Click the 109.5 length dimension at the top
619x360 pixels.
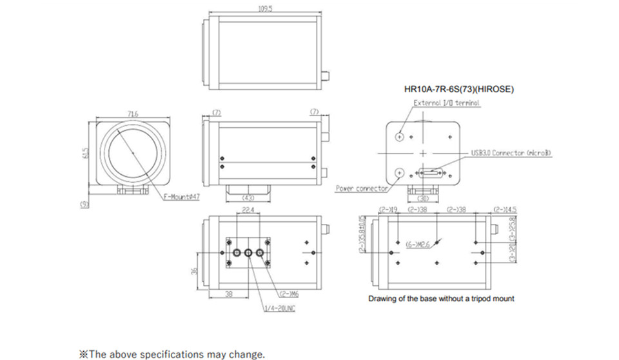click(x=265, y=9)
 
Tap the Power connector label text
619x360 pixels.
click(x=362, y=188)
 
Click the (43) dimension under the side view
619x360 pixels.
click(x=248, y=197)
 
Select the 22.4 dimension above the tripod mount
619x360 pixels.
click(x=248, y=210)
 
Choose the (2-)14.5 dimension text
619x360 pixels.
click(x=504, y=210)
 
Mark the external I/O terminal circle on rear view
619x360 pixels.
click(x=400, y=137)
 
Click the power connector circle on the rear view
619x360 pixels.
click(x=400, y=172)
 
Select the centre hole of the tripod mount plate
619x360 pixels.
click(x=248, y=253)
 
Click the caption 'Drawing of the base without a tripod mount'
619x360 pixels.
click(x=441, y=299)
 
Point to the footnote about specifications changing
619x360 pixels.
click(x=172, y=354)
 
